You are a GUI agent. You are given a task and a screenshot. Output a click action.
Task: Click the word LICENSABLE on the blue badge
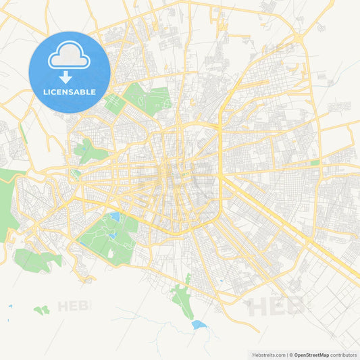tap(70, 92)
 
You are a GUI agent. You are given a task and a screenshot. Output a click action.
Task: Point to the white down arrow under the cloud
tap(70, 76)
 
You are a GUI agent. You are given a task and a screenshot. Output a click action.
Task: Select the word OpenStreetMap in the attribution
tap(311, 355)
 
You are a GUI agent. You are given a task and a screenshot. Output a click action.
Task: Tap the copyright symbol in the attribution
tap(291, 355)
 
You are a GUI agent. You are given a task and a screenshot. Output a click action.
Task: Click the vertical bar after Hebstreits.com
tap(286, 355)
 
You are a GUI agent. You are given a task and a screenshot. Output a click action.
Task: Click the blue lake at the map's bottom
tap(197, 325)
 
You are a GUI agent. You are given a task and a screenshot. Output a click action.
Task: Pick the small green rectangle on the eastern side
tap(315, 163)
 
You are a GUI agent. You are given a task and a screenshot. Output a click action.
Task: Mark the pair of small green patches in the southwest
tap(42, 310)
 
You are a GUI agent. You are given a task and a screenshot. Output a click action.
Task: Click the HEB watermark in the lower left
tap(74, 306)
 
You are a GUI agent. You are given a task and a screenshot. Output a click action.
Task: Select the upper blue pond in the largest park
tap(115, 217)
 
